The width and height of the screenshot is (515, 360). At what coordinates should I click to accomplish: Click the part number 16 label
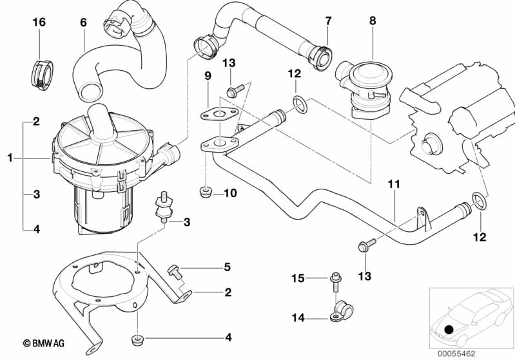point(39,23)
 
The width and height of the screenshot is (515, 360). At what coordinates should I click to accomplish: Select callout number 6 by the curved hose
point(83,23)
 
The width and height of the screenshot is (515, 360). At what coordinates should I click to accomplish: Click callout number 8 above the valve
point(372,21)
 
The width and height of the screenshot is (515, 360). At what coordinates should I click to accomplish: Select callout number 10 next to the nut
point(230,193)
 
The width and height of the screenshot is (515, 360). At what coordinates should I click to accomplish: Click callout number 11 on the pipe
point(394,185)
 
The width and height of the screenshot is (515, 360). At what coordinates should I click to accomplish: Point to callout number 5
point(226,266)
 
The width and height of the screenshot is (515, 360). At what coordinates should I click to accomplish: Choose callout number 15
point(297,278)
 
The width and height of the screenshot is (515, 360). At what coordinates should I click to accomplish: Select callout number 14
point(297,316)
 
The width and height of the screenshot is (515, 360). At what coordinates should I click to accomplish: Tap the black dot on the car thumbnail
point(449,330)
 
